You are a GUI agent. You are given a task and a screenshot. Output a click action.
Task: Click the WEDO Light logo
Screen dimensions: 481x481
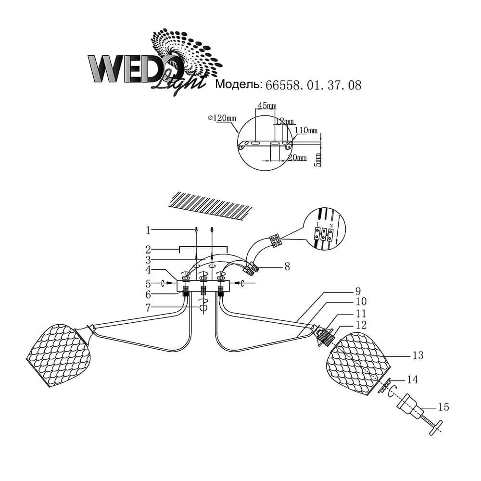(144, 63)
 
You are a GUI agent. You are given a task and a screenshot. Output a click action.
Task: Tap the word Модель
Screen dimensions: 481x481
(238, 85)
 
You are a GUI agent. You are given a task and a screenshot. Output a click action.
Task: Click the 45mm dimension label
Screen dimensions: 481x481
(267, 105)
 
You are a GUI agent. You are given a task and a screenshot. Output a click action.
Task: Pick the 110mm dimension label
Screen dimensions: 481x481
(306, 130)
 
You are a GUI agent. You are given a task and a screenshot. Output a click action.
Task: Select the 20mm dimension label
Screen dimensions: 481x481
(297, 158)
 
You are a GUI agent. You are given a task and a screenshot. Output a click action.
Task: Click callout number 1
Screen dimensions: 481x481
(149, 230)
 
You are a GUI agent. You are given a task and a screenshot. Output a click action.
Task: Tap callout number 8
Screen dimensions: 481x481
(287, 266)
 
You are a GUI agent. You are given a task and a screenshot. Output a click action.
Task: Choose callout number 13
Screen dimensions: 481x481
(418, 355)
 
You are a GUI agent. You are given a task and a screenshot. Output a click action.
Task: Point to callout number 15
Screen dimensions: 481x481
(443, 407)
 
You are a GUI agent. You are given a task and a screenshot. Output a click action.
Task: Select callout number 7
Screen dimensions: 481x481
(149, 307)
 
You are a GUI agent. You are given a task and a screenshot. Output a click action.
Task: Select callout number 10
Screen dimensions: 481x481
(361, 302)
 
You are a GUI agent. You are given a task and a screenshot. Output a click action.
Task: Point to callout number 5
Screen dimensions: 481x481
(149, 283)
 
